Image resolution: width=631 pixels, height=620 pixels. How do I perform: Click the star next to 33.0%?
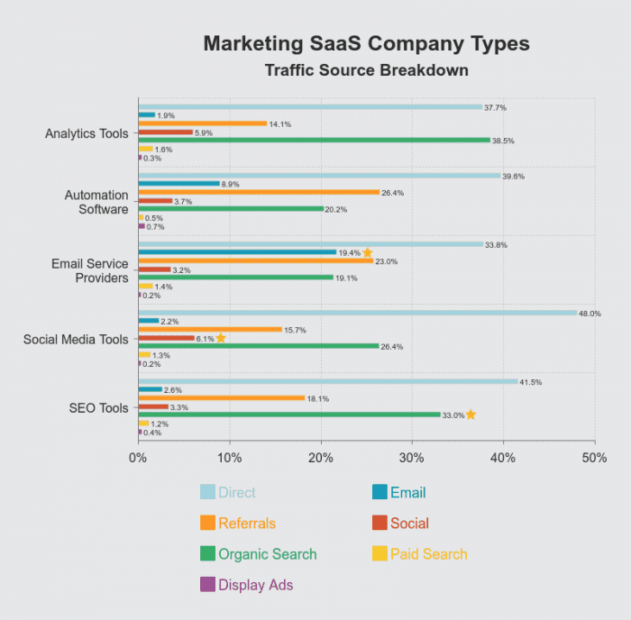[471, 415]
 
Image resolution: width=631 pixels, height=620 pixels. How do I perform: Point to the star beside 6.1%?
[221, 338]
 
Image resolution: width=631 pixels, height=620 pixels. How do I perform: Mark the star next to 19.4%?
[367, 252]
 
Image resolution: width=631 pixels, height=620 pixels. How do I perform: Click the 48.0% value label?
[590, 314]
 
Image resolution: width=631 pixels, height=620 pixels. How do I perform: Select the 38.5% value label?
[503, 141]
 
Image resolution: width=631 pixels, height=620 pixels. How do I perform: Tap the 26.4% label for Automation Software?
[392, 193]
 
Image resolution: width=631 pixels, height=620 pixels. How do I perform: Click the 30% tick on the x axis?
[412, 458]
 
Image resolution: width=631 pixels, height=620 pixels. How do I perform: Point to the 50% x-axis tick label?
[594, 458]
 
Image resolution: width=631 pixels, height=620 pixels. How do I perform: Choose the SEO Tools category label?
[99, 408]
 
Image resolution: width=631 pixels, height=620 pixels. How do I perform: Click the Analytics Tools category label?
[87, 133]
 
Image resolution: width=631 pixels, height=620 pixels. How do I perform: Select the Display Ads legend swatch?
[207, 584]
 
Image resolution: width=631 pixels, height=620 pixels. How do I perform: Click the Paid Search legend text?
[428, 553]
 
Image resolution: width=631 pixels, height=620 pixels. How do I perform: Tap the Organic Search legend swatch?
[207, 553]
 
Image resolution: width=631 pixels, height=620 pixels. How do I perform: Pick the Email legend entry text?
[407, 492]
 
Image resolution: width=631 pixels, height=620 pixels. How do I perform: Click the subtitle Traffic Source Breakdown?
[366, 70]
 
